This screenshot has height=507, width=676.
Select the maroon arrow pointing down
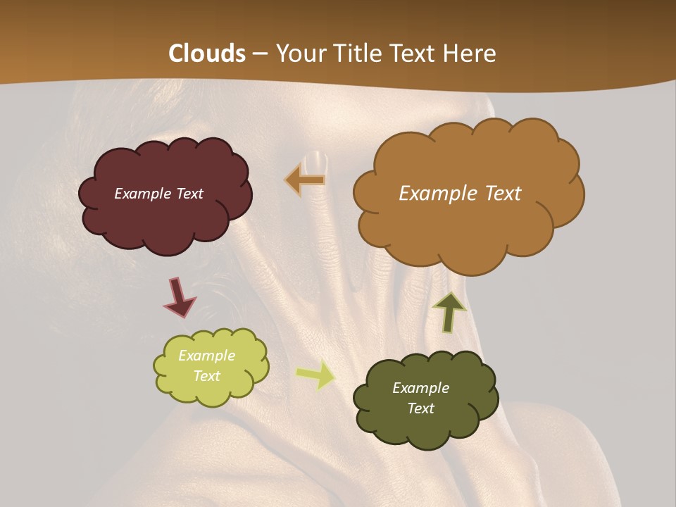pos(179,297)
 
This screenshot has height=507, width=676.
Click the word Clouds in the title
pos(207,54)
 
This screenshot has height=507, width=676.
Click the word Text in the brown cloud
pos(501,194)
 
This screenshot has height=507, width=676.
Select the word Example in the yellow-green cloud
pos(207,356)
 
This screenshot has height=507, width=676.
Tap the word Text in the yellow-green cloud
pos(207,376)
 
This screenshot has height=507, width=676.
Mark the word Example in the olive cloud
pos(420,388)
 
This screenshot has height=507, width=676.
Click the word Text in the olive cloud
pos(420,408)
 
